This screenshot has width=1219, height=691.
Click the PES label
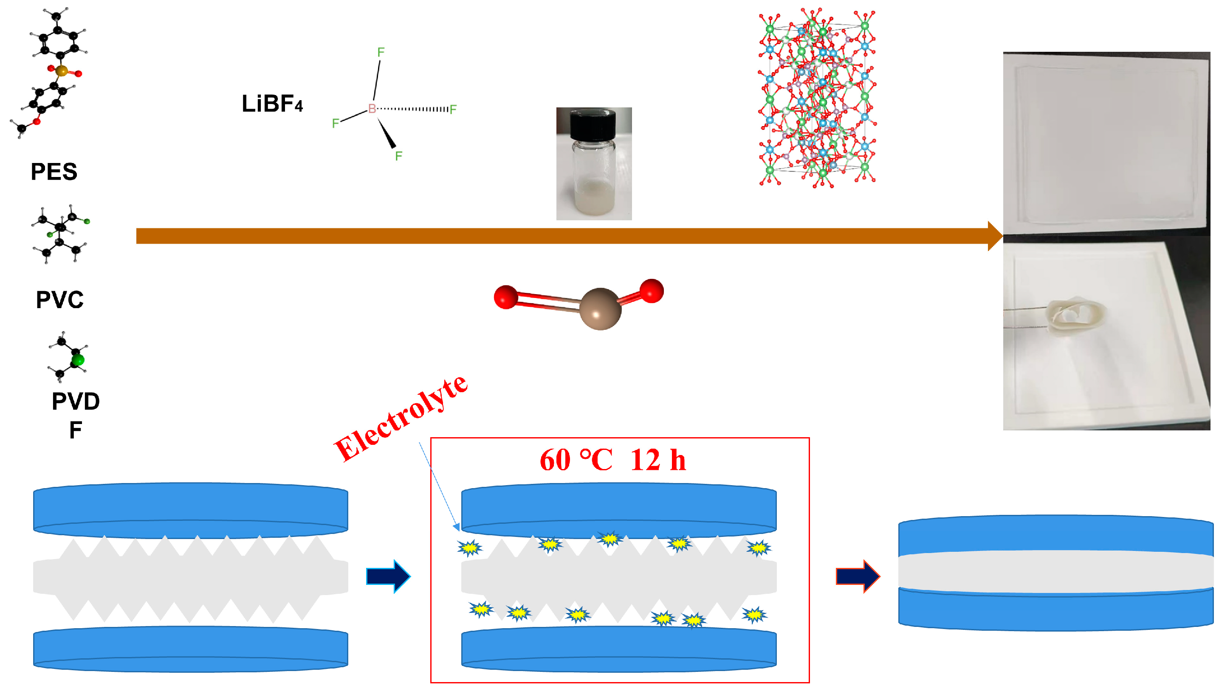click(54, 172)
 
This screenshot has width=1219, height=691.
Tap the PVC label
click(59, 300)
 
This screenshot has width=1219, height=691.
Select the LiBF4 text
click(272, 104)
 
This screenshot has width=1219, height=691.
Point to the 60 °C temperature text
click(576, 460)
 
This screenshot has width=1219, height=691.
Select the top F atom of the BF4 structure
click(381, 52)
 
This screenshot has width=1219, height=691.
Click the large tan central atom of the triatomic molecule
click(600, 309)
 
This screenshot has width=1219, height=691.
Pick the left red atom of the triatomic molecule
click(505, 297)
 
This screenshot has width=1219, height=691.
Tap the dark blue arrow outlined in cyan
click(388, 576)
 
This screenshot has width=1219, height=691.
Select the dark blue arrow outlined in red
click(857, 576)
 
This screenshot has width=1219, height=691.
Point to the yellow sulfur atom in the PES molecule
click(61, 71)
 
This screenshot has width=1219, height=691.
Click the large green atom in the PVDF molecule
click(78, 360)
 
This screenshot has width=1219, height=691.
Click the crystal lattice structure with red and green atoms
click(817, 97)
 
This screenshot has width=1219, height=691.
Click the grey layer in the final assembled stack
click(1055, 572)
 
